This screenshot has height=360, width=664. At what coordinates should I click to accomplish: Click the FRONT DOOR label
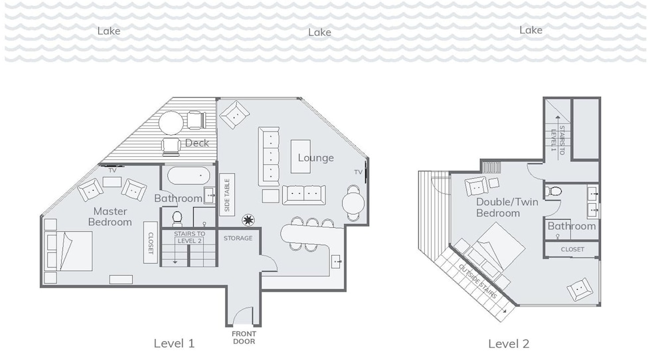pyautogui.click(x=244, y=337)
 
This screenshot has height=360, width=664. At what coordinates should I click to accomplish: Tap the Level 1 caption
pyautogui.click(x=174, y=343)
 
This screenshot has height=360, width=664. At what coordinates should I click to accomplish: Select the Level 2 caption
pyautogui.click(x=509, y=344)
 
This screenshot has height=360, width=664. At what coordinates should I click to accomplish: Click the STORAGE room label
pyautogui.click(x=238, y=238)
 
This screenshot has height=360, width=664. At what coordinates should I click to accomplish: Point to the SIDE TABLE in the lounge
pyautogui.click(x=227, y=195)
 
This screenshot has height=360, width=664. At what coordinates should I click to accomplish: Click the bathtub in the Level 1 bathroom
pyautogui.click(x=189, y=175)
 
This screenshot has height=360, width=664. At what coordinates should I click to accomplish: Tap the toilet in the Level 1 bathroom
pyautogui.click(x=177, y=219)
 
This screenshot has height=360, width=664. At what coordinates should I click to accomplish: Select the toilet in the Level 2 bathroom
pyautogui.click(x=554, y=191)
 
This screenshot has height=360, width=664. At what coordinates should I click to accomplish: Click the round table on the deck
pyautogui.click(x=171, y=123)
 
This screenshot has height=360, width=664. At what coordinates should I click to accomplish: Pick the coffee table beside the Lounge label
pyautogui.click(x=301, y=156)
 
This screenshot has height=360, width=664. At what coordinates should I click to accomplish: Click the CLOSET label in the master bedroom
pyautogui.click(x=150, y=242)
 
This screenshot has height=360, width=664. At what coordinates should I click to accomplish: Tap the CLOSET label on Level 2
pyautogui.click(x=572, y=250)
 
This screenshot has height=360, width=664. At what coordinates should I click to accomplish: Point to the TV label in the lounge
pyautogui.click(x=359, y=172)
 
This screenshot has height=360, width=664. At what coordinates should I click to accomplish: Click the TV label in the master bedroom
pyautogui.click(x=112, y=170)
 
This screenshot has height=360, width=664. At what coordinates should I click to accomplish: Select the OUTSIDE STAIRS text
pyautogui.click(x=477, y=281)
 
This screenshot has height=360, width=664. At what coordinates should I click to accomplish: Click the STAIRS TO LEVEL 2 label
pyautogui.click(x=189, y=237)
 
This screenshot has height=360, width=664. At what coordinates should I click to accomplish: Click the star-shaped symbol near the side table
pyautogui.click(x=248, y=221)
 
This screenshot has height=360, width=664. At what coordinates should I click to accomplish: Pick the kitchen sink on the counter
pyautogui.click(x=337, y=262)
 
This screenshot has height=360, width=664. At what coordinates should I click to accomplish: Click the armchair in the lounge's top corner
pyautogui.click(x=234, y=115)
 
